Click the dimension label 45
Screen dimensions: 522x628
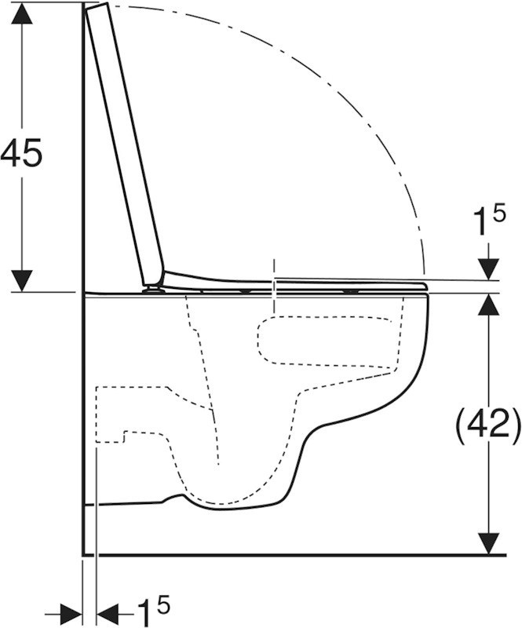[21, 152]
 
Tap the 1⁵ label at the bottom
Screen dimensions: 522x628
[153, 609]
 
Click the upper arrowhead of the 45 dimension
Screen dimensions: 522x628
[22, 15]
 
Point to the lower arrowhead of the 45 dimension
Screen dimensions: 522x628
[22, 281]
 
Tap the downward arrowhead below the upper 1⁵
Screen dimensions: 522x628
[489, 269]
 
